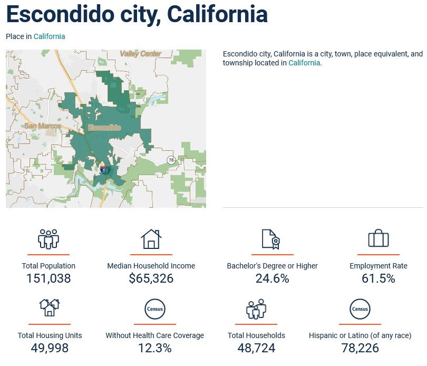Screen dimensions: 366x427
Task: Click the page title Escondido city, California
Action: [x=137, y=14]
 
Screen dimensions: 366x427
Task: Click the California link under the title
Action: [x=49, y=36]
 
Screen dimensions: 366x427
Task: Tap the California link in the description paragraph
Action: [x=304, y=63]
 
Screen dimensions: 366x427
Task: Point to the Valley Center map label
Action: [x=140, y=54]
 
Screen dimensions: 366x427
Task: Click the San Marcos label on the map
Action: [x=43, y=126]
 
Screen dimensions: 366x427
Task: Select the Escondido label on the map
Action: [x=104, y=128]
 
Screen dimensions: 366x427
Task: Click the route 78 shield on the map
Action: [x=170, y=160]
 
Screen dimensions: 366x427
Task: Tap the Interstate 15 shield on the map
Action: [x=105, y=170]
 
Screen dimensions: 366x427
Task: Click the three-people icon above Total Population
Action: [x=48, y=239]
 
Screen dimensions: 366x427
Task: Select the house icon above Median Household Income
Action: [x=151, y=239]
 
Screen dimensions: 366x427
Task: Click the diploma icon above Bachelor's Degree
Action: [x=271, y=239]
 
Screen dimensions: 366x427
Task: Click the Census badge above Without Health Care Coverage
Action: [x=154, y=309]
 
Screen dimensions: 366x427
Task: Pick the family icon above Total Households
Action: [x=256, y=309]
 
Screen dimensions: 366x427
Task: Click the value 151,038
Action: [x=48, y=278]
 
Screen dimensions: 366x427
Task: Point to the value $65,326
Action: [x=151, y=278]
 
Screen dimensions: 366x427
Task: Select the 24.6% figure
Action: [x=272, y=278]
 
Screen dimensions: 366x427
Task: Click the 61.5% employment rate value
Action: [x=378, y=278]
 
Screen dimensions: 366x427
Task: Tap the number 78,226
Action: [x=360, y=348]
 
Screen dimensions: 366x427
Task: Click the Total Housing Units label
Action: [x=50, y=335]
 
